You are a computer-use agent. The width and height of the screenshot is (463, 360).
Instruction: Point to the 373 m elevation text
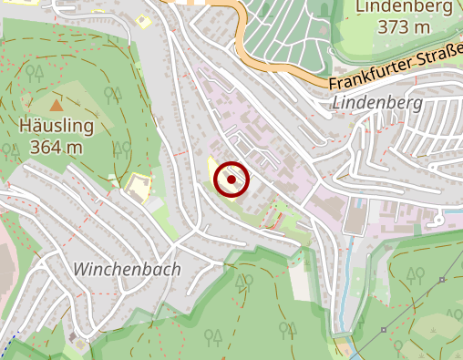pos(404,27)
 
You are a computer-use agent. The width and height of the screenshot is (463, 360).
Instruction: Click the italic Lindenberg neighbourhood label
pos(378,103)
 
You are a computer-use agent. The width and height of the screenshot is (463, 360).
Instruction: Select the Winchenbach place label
pos(127,270)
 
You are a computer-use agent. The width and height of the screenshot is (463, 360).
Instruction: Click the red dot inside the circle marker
pos(231,180)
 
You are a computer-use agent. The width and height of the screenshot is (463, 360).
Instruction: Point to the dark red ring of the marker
pos(216,180)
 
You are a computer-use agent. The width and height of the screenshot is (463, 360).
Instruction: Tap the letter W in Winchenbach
pos(81,270)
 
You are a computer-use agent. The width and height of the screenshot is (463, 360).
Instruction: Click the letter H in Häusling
pos(24,126)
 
